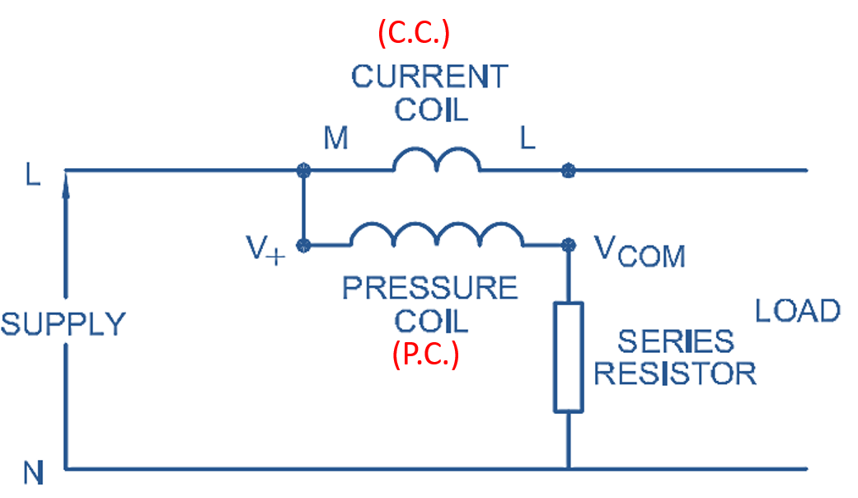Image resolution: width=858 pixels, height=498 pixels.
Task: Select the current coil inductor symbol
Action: [436, 161]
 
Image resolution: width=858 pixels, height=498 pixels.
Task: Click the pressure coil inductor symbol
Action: [437, 235]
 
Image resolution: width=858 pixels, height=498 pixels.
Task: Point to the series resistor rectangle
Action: [568, 356]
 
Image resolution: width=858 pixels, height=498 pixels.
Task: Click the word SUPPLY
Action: [63, 324]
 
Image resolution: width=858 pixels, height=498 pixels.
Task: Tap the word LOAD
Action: [798, 311]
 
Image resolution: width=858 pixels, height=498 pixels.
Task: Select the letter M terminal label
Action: [335, 139]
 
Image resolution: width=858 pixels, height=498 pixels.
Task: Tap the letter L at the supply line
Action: [32, 176]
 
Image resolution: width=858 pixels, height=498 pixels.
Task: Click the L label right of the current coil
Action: [527, 139]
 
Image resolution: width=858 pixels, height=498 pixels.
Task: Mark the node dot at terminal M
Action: [303, 171]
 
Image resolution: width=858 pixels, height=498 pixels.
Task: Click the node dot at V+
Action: [303, 245]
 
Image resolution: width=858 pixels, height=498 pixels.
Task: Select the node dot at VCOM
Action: [568, 245]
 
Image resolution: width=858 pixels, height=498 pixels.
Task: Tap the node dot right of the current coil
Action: [568, 171]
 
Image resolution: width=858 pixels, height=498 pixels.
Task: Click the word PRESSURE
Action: [429, 289]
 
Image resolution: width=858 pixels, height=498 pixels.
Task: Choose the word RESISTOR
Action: [675, 373]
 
